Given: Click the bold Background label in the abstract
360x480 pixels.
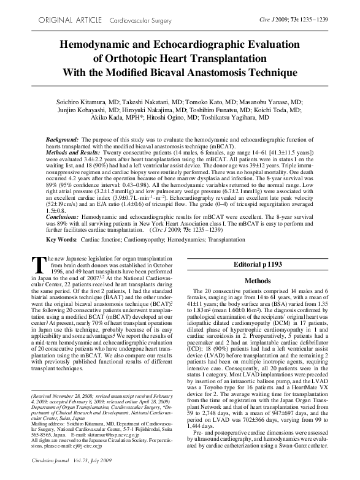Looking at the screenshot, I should (62, 140).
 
